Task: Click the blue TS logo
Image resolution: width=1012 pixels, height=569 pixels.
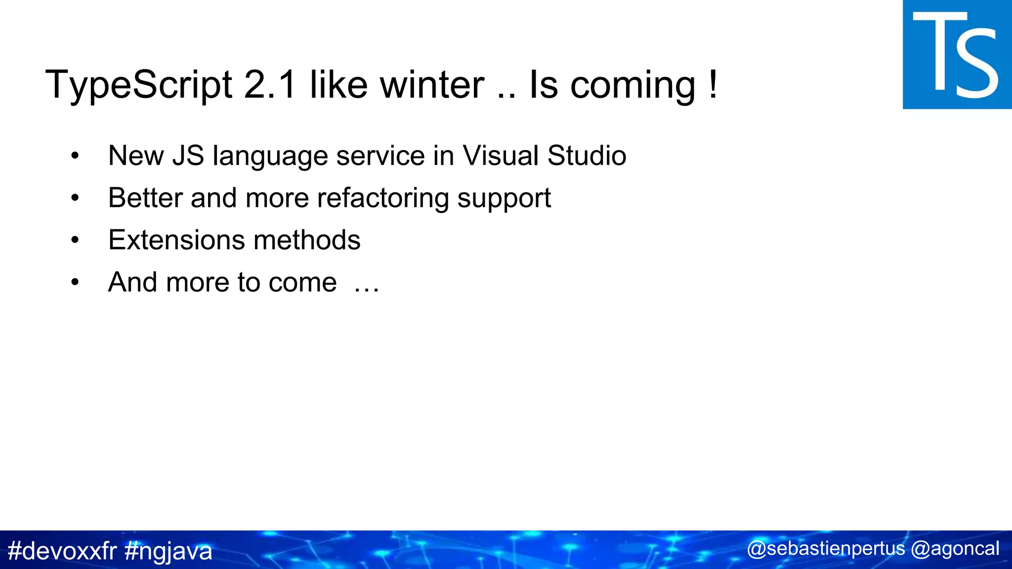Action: pyautogui.click(x=957, y=54)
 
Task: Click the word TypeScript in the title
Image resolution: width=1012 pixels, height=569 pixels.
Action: pyautogui.click(x=138, y=85)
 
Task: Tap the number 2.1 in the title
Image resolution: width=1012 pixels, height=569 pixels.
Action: pyautogui.click(x=270, y=85)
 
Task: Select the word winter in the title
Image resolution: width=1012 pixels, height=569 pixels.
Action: pyautogui.click(x=432, y=85)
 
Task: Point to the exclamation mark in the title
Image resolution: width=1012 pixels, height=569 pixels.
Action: pyautogui.click(x=712, y=85)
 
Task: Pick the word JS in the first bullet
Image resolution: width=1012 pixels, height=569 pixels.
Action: pyautogui.click(x=188, y=156)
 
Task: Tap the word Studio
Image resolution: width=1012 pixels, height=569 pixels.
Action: pyautogui.click(x=587, y=156)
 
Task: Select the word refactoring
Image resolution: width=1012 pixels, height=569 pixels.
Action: pyautogui.click(x=382, y=198)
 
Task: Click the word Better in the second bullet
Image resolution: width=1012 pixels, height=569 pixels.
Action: pyautogui.click(x=145, y=198)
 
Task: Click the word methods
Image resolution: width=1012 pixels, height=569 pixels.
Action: pyautogui.click(x=307, y=240)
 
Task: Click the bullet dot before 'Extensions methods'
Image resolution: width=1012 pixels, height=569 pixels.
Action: pyautogui.click(x=75, y=241)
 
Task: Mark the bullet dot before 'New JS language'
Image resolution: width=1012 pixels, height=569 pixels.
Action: pyautogui.click(x=75, y=156)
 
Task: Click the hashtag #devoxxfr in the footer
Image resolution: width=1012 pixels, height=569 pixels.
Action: pyautogui.click(x=62, y=551)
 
